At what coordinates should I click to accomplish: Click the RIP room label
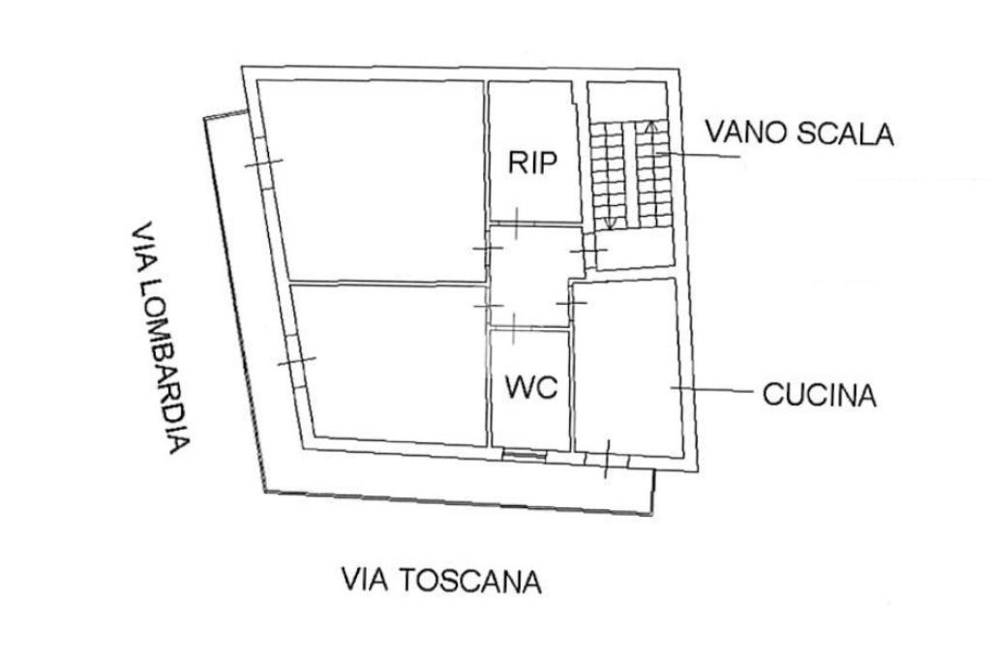[x=533, y=162]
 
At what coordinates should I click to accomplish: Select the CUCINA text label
[x=820, y=395]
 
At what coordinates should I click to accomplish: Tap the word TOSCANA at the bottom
[x=470, y=581]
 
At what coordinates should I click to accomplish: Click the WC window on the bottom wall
[x=524, y=452]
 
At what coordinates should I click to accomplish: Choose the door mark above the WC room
[x=513, y=328]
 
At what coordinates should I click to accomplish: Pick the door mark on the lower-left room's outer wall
[x=296, y=362]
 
